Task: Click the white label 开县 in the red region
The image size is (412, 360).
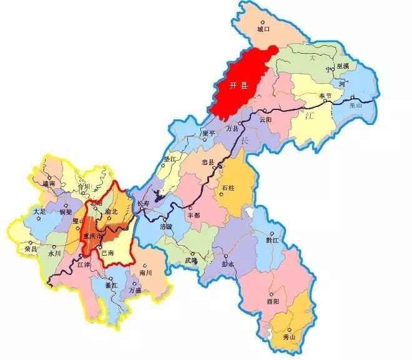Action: point(239,86)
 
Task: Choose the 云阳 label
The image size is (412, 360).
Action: point(265,118)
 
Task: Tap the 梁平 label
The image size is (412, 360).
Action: point(208,133)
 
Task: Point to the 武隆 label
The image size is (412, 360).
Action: point(191,261)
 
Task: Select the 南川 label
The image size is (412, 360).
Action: point(146,273)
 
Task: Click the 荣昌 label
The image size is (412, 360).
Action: point(31,249)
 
